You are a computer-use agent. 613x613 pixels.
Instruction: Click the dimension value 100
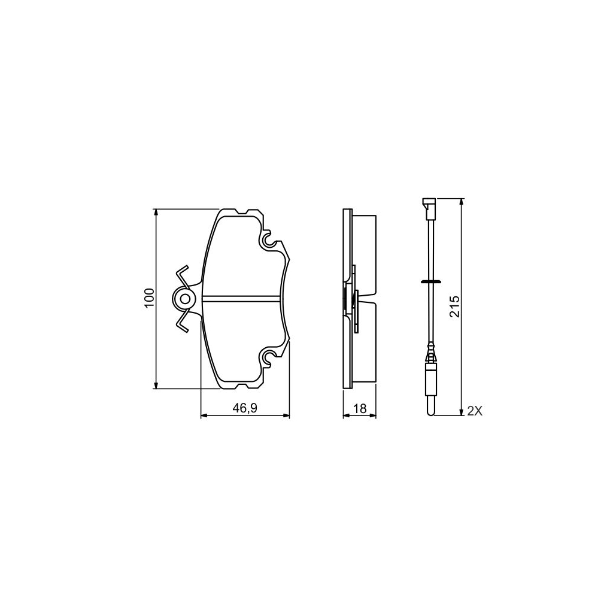(149, 298)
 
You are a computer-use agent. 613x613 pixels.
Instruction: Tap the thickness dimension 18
(360, 409)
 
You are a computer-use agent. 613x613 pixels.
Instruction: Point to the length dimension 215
(454, 306)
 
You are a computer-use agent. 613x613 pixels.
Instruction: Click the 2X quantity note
(475, 411)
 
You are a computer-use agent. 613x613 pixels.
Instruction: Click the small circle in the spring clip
(185, 298)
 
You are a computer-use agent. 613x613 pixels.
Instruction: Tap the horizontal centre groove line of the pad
(242, 298)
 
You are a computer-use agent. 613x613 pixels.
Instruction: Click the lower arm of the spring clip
(182, 322)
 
